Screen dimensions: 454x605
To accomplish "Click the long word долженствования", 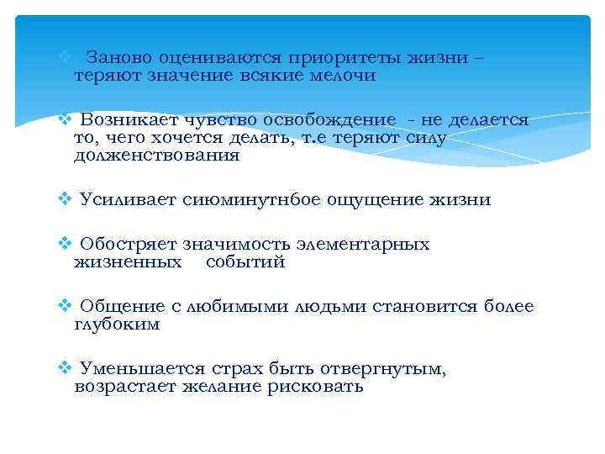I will click(156, 155).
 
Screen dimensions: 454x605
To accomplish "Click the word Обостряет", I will click(129, 245).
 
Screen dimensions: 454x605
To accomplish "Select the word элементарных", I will click(363, 245).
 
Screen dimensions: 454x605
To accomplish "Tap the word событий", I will click(245, 261).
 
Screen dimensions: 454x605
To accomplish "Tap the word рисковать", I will click(316, 386).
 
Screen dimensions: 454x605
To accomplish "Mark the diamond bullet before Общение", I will click(64, 307).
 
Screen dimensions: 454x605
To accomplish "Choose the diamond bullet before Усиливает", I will click(64, 200).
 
